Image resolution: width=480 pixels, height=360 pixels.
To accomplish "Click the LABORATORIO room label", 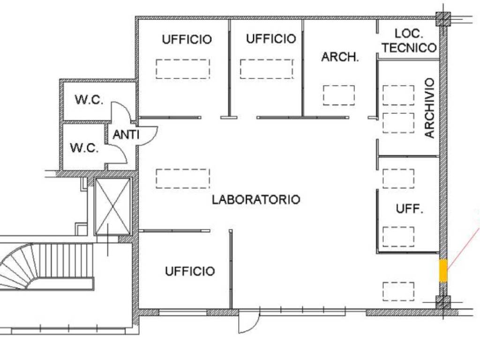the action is point(256,200).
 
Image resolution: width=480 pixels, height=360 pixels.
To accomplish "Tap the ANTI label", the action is point(126,135).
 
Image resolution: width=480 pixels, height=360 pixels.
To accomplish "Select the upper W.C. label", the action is point(89,100).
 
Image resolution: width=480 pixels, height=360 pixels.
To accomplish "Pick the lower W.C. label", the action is point(84,148).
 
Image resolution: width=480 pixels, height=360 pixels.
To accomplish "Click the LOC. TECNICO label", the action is point(409,41).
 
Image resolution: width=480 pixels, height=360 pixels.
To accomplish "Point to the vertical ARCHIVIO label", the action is point(430,108).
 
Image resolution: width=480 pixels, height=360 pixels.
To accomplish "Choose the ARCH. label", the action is point(340,57).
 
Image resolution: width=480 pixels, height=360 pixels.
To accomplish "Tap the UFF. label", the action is point(409,209).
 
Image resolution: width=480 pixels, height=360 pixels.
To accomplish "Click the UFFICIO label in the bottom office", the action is point(190,271).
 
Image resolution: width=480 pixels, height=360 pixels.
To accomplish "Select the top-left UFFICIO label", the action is point(187,39).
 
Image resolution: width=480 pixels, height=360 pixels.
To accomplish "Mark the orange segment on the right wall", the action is point(443,270).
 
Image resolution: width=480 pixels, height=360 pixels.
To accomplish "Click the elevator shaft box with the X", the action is point(113,206).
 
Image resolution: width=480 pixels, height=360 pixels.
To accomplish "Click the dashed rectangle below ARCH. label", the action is point(338,96).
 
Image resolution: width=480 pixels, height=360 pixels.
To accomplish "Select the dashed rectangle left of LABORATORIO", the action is point(183,179).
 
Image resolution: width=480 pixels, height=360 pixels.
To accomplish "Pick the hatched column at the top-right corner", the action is point(443,19).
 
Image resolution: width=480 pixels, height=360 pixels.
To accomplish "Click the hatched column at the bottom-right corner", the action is point(443,303).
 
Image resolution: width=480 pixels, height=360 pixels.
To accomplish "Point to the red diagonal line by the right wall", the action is point(463,249).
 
